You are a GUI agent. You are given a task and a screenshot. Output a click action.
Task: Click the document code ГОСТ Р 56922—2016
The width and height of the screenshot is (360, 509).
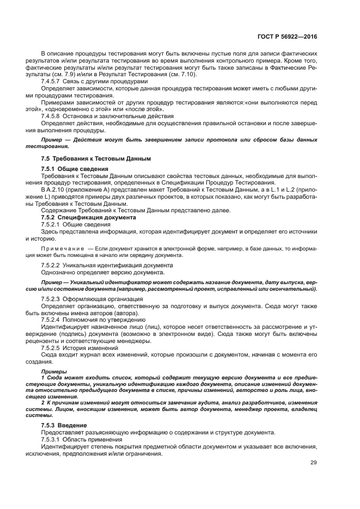tap(286, 36)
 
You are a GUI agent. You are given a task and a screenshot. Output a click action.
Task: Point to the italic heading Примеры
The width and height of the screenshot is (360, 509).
tap(53, 371)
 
